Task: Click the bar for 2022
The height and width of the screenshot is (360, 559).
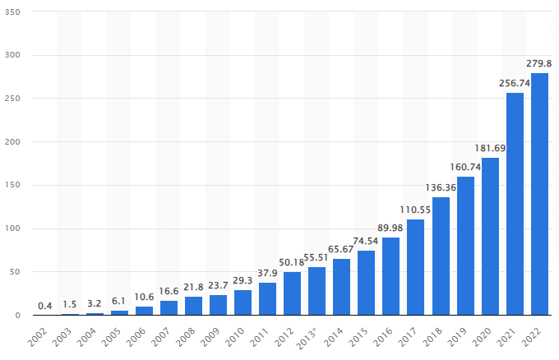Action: tap(539, 194)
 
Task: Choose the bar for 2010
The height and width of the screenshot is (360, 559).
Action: tap(243, 302)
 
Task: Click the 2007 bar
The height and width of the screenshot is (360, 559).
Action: tap(169, 308)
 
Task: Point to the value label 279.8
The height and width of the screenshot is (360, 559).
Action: tap(539, 63)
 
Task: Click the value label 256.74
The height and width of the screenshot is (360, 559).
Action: tap(515, 83)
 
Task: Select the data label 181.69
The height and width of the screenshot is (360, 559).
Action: tap(490, 148)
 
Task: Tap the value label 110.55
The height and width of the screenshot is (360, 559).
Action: tap(416, 210)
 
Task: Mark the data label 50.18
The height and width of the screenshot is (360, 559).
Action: tap(292, 262)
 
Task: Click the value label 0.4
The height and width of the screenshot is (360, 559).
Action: tap(45, 306)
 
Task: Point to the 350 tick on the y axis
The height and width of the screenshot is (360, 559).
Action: tap(14, 12)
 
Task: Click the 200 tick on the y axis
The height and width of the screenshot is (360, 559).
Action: tap(14, 142)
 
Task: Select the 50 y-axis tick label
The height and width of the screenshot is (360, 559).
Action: tap(16, 272)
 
